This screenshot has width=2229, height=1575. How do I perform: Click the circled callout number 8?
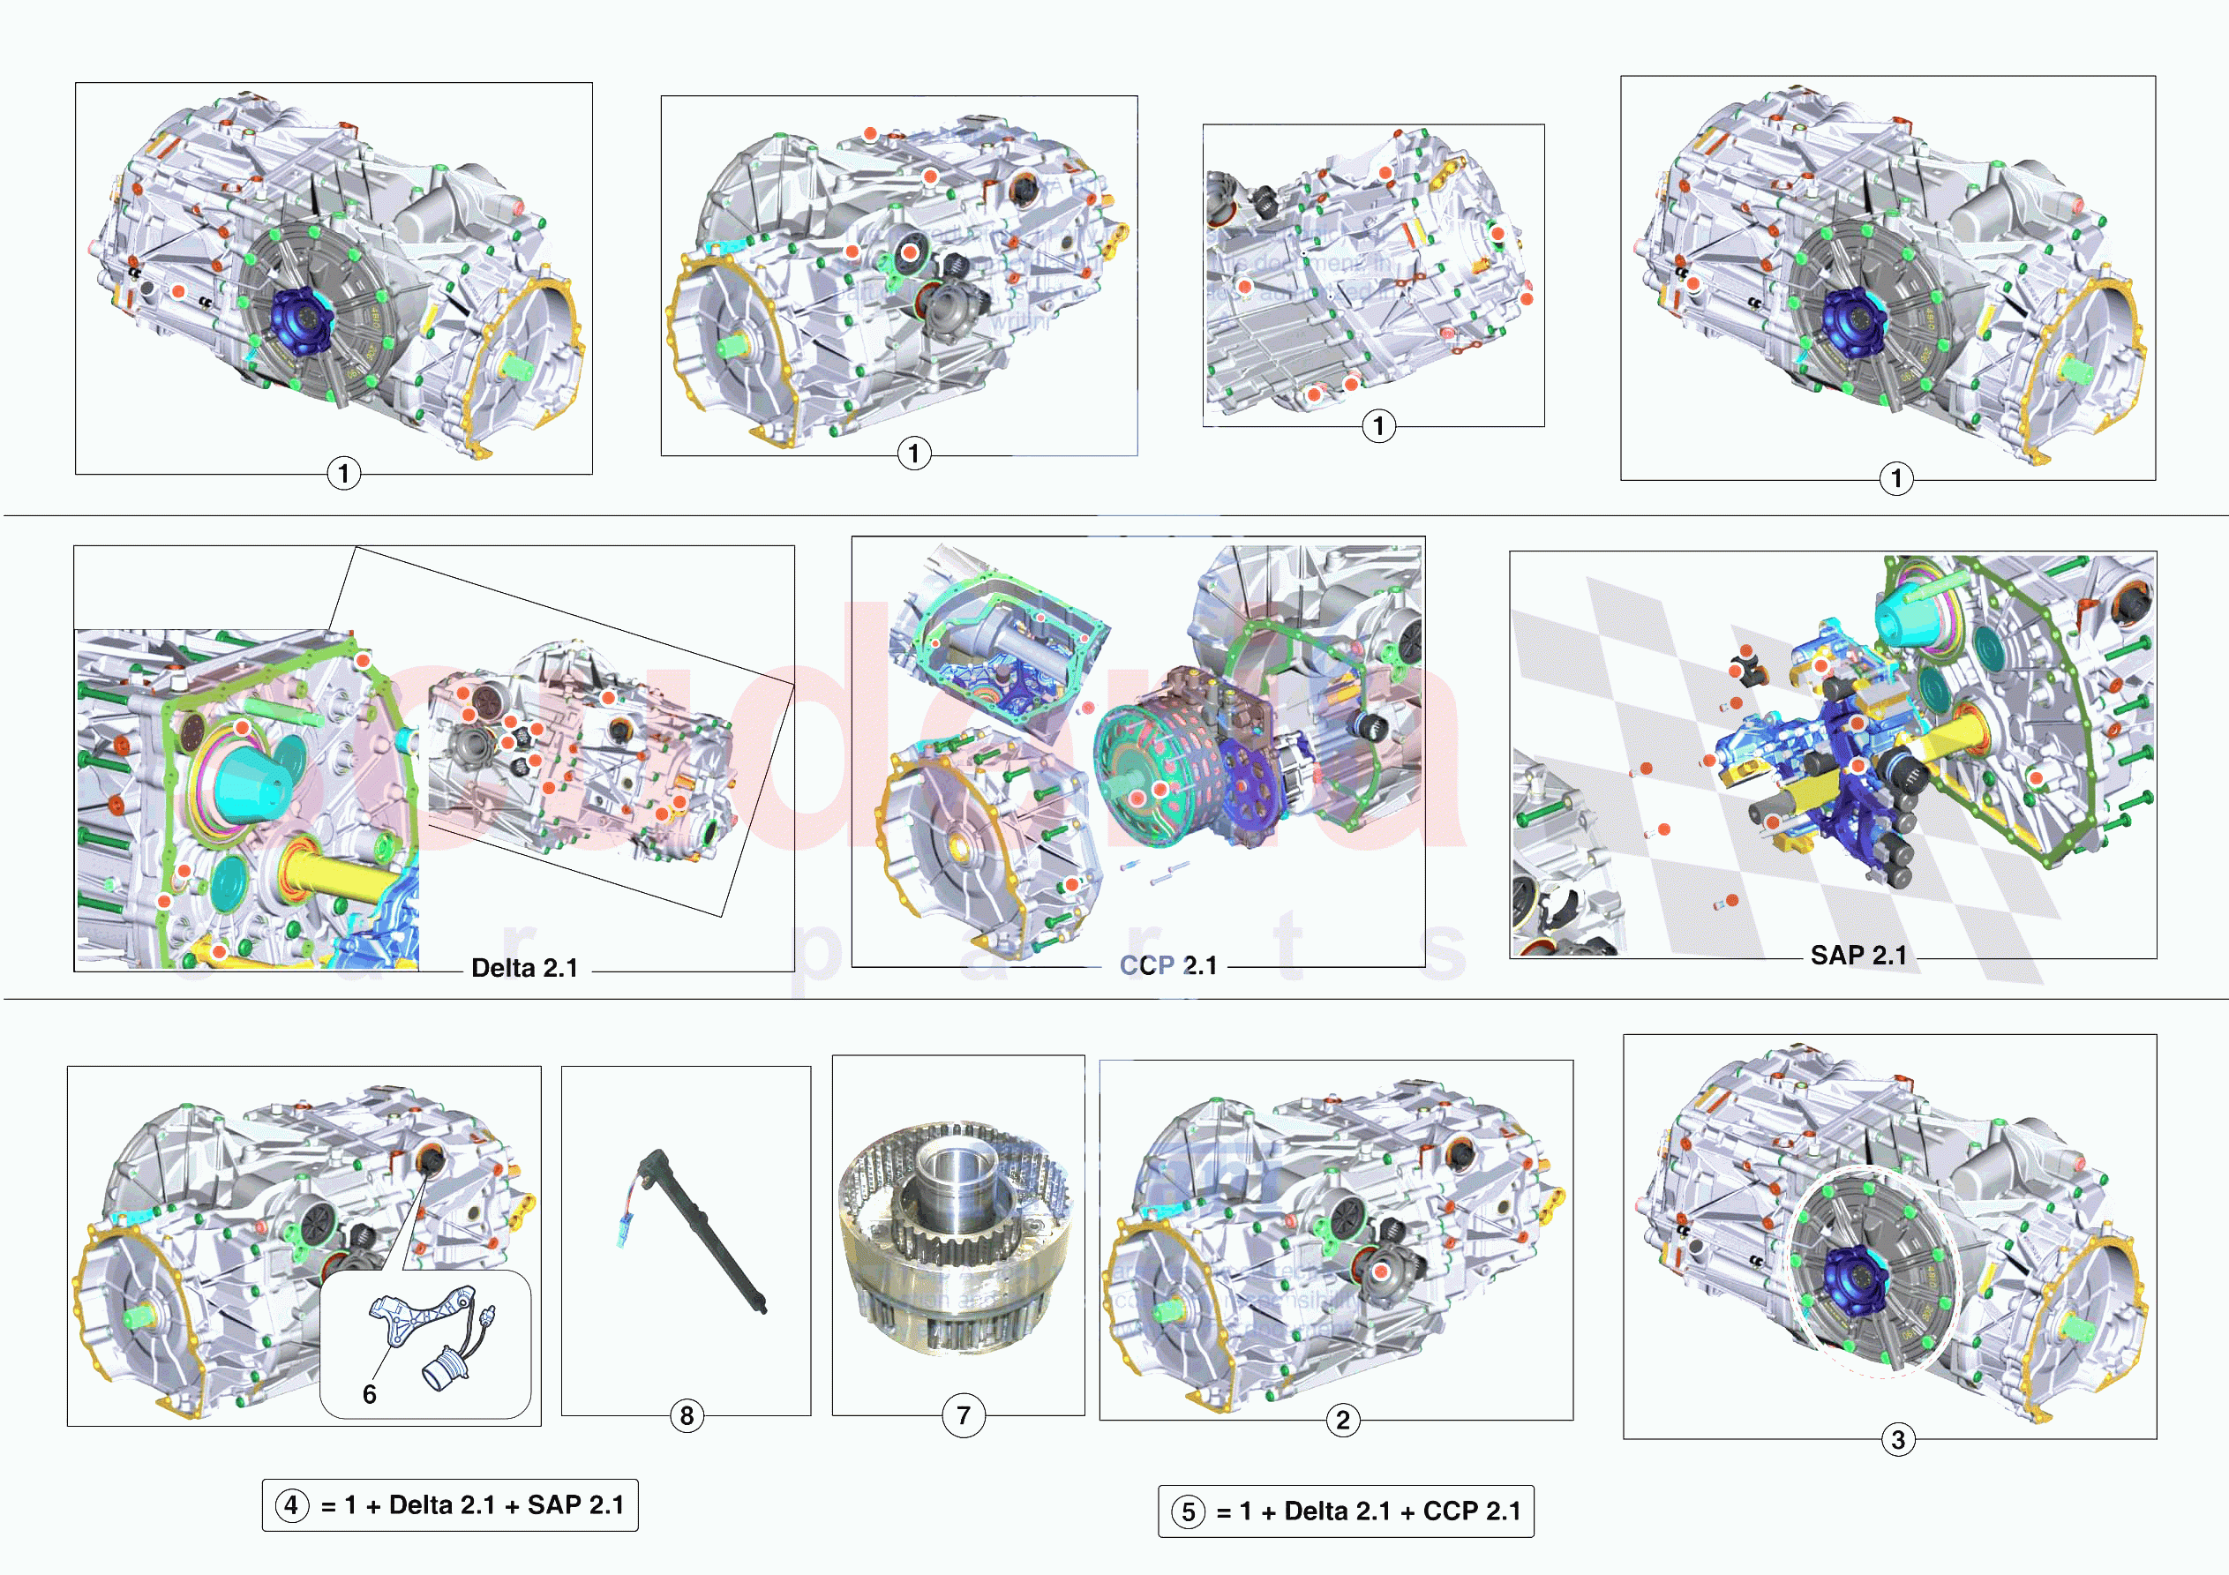click(687, 1416)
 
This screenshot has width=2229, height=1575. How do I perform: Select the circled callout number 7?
click(963, 1416)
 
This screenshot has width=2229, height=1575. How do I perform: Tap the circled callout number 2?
click(1343, 1421)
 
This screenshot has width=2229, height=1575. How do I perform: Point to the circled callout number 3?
click(1898, 1440)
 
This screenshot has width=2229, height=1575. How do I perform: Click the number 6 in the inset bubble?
click(369, 1394)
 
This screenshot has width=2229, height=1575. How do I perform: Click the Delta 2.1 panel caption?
click(524, 968)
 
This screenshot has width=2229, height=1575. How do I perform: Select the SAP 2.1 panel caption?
click(1858, 956)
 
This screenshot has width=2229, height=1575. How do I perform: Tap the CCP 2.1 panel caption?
click(1168, 966)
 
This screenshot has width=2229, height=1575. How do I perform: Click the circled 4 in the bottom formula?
click(291, 1506)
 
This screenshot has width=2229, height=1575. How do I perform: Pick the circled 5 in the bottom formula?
click(1188, 1511)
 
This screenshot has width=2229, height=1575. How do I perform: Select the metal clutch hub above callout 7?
click(957, 1234)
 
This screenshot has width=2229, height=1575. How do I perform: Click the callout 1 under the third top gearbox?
click(1378, 425)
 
